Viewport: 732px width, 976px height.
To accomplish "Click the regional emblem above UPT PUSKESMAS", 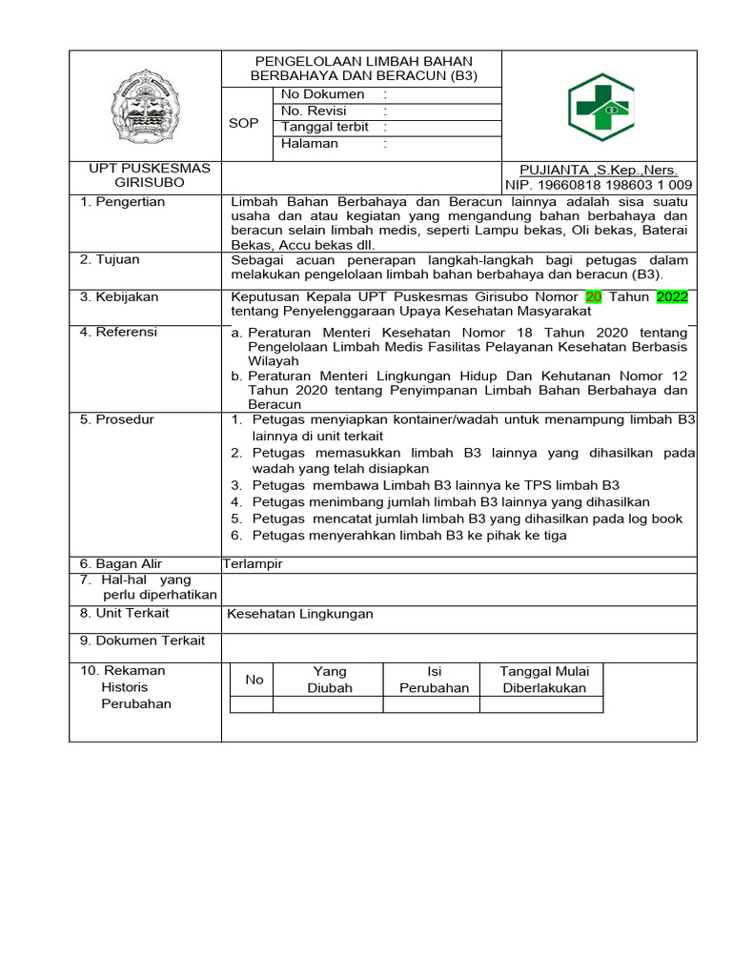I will [146, 106].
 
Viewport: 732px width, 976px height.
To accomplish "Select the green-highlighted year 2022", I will [672, 296].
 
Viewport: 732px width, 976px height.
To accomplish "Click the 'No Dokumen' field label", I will [323, 94].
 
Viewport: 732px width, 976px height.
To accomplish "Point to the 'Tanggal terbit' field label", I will [325, 127].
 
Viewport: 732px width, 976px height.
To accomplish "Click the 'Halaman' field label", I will [310, 144].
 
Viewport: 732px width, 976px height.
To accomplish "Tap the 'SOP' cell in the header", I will [243, 123].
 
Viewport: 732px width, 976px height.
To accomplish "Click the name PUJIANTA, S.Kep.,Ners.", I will [599, 170].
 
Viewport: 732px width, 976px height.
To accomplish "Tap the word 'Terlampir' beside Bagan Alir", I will [253, 563].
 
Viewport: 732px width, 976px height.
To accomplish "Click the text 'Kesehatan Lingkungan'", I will [300, 614].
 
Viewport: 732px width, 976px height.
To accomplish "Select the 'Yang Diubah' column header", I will [330, 680].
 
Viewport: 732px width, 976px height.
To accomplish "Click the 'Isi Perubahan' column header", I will [434, 680].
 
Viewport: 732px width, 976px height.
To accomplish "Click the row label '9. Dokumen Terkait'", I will [142, 640].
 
